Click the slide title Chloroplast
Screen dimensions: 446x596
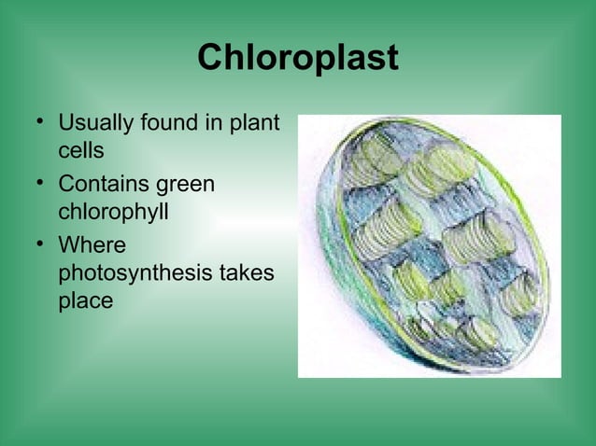click(x=298, y=58)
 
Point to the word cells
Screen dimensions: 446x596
click(x=81, y=149)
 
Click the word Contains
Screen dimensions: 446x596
click(x=101, y=185)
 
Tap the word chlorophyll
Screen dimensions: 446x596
click(x=114, y=211)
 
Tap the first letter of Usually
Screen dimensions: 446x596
click(x=65, y=123)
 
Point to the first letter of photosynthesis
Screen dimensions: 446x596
click(x=64, y=276)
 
